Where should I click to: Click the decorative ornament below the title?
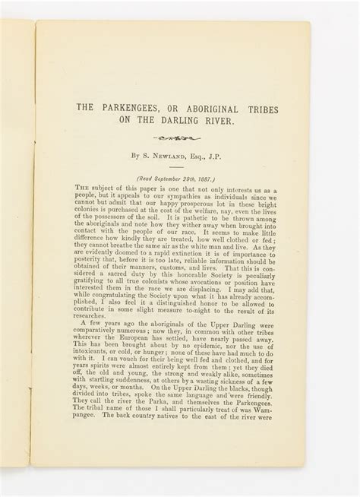pos(176,138)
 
